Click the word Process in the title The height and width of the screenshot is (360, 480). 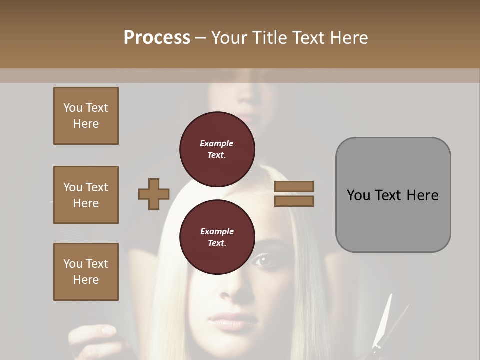(157, 37)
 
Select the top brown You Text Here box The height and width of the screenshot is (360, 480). (86, 116)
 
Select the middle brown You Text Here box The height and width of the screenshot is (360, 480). (86, 195)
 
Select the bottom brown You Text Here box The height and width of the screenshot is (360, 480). (86, 272)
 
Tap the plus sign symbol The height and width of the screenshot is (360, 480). (154, 194)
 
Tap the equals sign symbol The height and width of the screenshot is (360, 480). (294, 194)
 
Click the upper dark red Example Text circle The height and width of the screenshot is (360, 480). (217, 149)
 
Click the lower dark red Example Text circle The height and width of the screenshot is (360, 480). (217, 237)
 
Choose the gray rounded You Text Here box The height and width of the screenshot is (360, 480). (393, 195)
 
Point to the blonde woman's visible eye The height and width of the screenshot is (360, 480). (263, 259)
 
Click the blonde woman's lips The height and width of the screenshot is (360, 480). (231, 321)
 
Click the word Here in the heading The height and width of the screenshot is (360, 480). (349, 37)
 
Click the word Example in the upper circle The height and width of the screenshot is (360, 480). (217, 143)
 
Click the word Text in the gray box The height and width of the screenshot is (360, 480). (389, 195)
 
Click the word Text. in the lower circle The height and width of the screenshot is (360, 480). (217, 243)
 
